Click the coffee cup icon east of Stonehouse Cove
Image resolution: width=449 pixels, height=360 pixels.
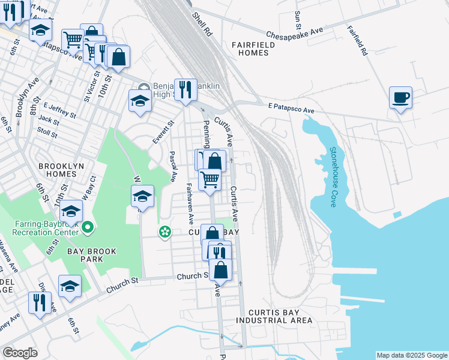pos(400,97)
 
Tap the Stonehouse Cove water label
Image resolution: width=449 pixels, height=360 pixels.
pos(332,176)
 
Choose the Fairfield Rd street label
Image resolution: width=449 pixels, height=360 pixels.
pos(356,41)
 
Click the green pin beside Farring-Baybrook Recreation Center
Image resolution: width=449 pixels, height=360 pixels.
pos(88,227)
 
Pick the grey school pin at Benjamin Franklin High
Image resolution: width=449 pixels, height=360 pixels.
pos(144,86)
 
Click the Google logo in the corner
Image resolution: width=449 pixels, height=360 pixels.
pos(20,352)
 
